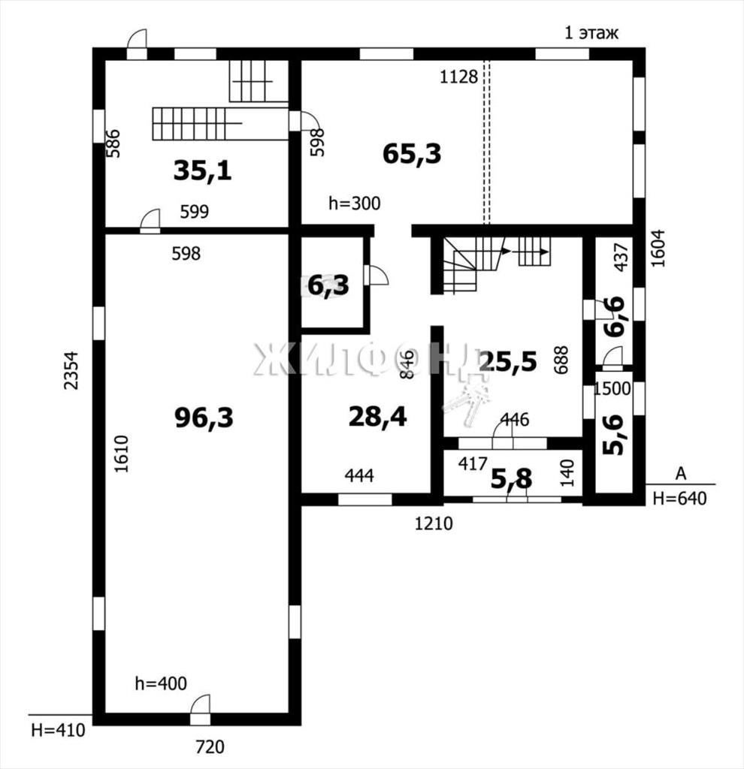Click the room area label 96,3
coord(204,418)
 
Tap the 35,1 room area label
coord(203,171)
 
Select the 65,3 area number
coord(412,154)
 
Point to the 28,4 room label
coord(377,418)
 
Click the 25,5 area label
coord(508,362)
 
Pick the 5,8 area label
coord(511,479)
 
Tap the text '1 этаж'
coord(591,33)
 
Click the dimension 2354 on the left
coord(71,370)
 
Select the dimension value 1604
coord(658,248)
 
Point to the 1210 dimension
coord(434,523)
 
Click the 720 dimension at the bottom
coord(210,747)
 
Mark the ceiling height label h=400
coord(161,683)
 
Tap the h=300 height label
coord(354,204)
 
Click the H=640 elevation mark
coord(679,499)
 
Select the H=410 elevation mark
coord(58,731)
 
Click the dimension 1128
coord(458,77)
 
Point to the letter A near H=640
coord(681,474)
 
